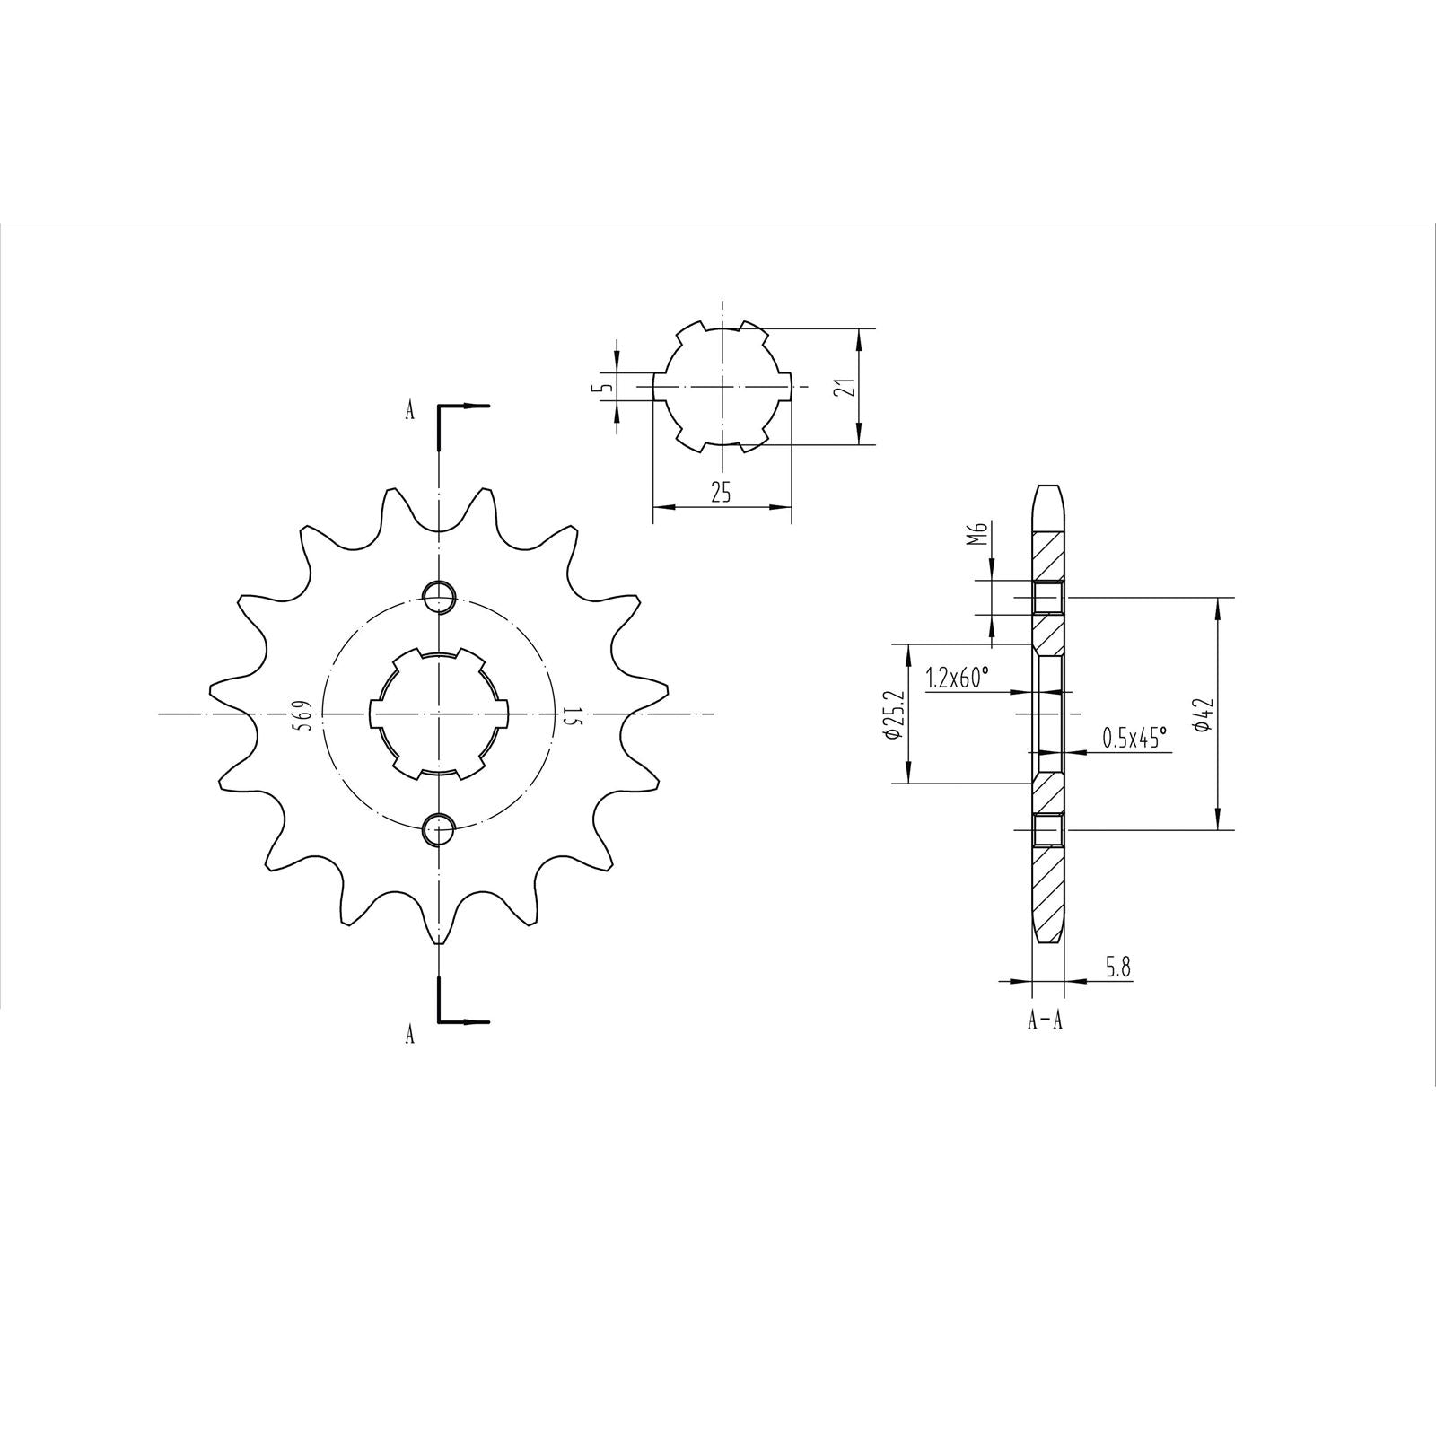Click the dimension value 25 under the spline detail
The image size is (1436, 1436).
click(x=721, y=492)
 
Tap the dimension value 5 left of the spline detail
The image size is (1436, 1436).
click(x=607, y=387)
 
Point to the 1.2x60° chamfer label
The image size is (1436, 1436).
click(x=958, y=678)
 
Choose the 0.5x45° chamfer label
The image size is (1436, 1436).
click(x=1134, y=738)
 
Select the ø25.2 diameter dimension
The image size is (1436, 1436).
click(x=892, y=714)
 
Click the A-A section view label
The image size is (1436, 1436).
click(x=1045, y=1020)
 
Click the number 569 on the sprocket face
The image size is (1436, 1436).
click(x=304, y=714)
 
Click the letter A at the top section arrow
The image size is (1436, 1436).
click(x=410, y=411)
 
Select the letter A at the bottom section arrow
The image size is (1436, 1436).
click(x=410, y=1035)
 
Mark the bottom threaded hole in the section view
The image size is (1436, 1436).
click(x=1047, y=830)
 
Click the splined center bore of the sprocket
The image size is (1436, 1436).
click(x=439, y=714)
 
